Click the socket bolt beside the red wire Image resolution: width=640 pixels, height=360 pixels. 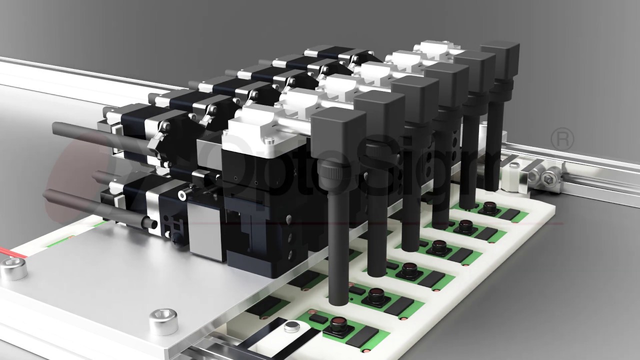click(x=13, y=270)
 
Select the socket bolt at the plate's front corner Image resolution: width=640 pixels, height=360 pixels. click(x=163, y=321)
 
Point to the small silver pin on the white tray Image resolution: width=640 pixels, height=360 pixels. click(x=290, y=327)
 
